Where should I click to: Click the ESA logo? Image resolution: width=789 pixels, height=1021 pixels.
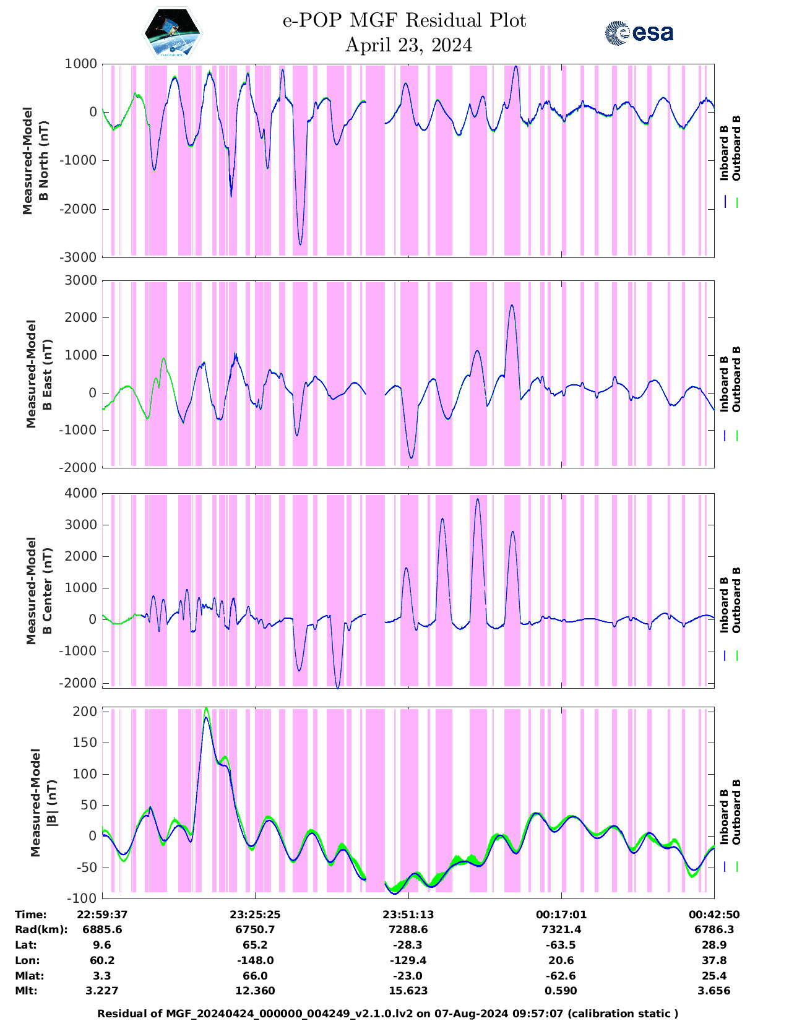click(639, 33)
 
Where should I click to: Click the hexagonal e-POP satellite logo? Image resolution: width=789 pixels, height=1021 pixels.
click(173, 33)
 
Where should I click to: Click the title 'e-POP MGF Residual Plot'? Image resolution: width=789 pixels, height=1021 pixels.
click(404, 20)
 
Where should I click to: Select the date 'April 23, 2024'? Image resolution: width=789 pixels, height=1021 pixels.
click(408, 45)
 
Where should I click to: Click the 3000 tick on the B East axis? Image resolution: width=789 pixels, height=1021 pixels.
click(80, 281)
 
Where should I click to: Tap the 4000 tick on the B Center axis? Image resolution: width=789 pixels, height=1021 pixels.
click(80, 494)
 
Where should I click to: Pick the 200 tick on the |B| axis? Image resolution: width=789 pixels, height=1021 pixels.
click(85, 712)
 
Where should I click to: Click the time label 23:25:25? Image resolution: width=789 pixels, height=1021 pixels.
click(255, 915)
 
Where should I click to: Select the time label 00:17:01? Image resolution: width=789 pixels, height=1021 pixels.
click(561, 915)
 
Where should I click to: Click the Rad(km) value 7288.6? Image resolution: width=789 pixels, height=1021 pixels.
click(408, 929)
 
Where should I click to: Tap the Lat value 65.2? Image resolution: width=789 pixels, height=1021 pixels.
click(255, 945)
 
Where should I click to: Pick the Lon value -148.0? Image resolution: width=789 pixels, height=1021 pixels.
click(255, 960)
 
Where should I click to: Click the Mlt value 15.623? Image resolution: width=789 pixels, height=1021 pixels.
click(408, 991)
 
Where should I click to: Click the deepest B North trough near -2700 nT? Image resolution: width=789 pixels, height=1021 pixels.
click(300, 244)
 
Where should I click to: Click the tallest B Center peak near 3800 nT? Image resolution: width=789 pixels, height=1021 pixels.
click(477, 499)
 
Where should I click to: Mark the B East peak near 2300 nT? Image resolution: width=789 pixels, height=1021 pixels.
click(512, 305)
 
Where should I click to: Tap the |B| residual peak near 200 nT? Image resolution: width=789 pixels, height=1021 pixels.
click(206, 709)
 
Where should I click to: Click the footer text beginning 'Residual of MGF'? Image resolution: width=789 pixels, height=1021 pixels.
click(388, 1014)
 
